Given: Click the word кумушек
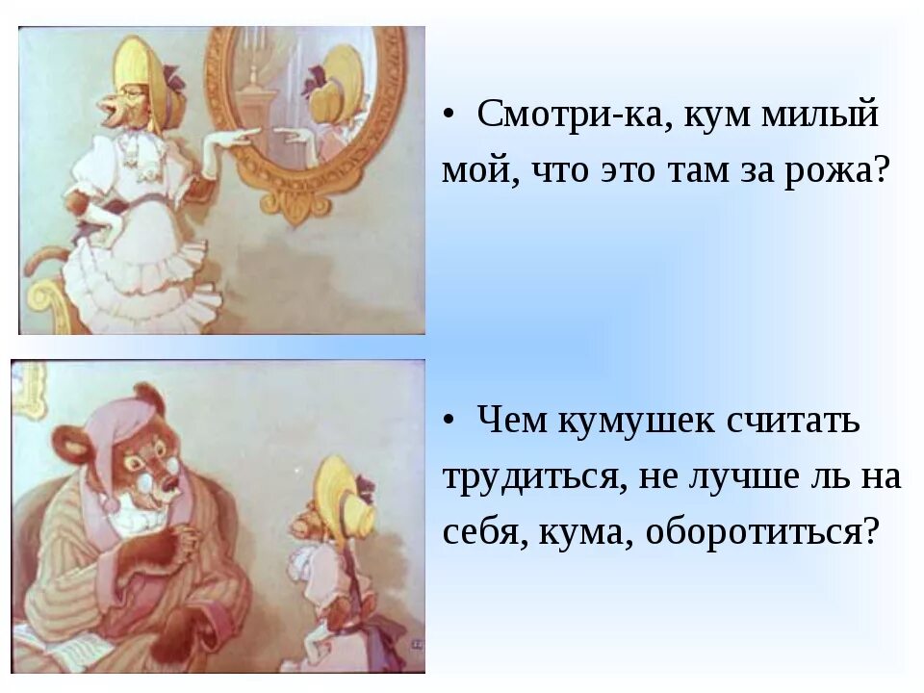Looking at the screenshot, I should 631,422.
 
